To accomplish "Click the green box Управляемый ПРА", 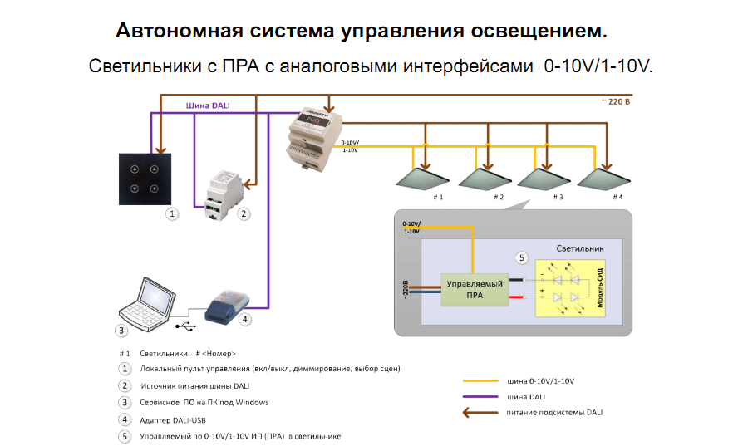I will (x=475, y=289).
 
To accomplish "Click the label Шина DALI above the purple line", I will (x=209, y=105).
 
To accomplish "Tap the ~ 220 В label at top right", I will (x=616, y=101).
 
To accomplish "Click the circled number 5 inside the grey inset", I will (x=522, y=257).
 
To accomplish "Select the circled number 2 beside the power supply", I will (x=244, y=213).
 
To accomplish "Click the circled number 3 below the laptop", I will (x=121, y=331).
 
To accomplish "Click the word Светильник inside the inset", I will (x=578, y=248).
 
